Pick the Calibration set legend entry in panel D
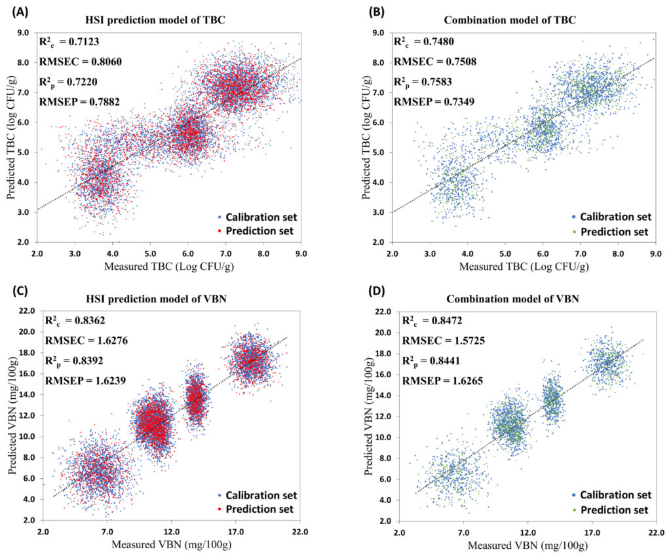click(x=615, y=495)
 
